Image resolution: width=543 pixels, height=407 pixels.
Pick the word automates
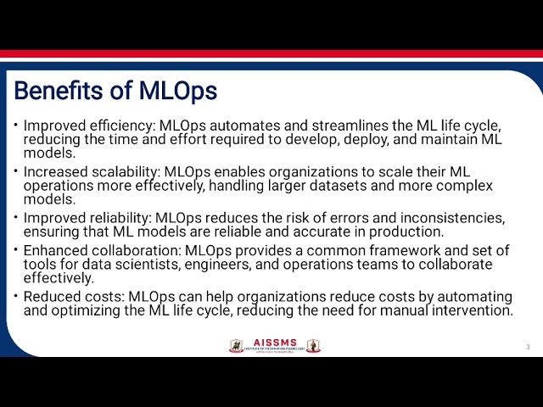227,125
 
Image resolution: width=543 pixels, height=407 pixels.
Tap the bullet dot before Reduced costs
15,297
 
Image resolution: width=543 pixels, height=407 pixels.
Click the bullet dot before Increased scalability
15,172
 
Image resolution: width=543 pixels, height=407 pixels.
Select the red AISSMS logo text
275,342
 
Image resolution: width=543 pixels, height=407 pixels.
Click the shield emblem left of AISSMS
237,345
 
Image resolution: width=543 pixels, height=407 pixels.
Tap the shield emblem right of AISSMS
313,345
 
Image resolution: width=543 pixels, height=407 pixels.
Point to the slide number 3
528,347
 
